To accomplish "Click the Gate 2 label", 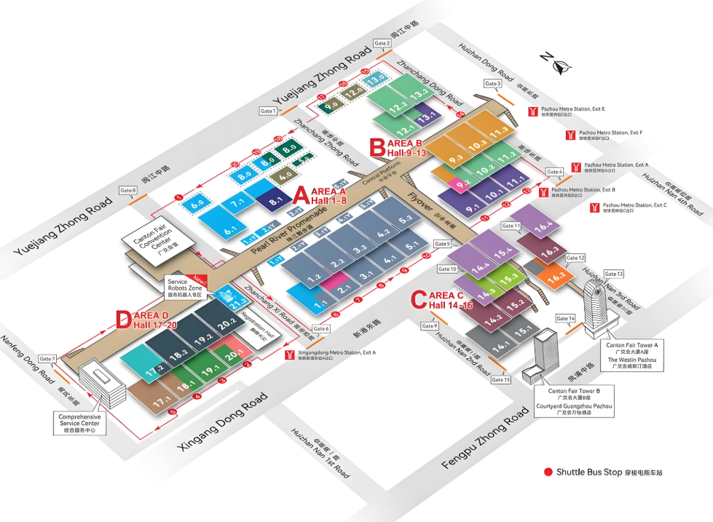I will click(x=382, y=44).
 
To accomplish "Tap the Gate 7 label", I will click(x=48, y=359).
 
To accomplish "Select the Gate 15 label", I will click(x=501, y=379).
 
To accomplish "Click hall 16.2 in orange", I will click(x=556, y=277).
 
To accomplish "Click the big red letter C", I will click(x=418, y=299).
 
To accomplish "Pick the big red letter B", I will click(x=377, y=148).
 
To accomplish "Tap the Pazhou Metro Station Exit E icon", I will click(x=534, y=111).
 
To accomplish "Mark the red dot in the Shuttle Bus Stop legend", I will click(x=548, y=472).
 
